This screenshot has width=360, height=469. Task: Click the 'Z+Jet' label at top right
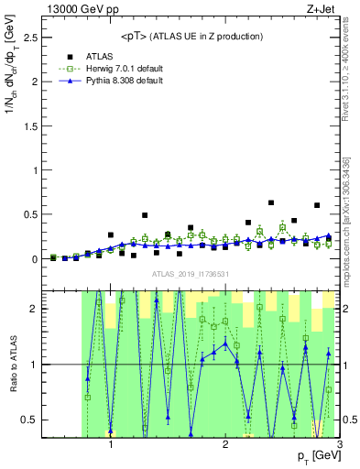pyautogui.click(x=322, y=8)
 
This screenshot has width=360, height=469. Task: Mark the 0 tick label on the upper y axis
pyautogui.click(x=34, y=259)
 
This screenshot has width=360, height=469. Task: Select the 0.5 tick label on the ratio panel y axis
pyautogui.click(x=29, y=420)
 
